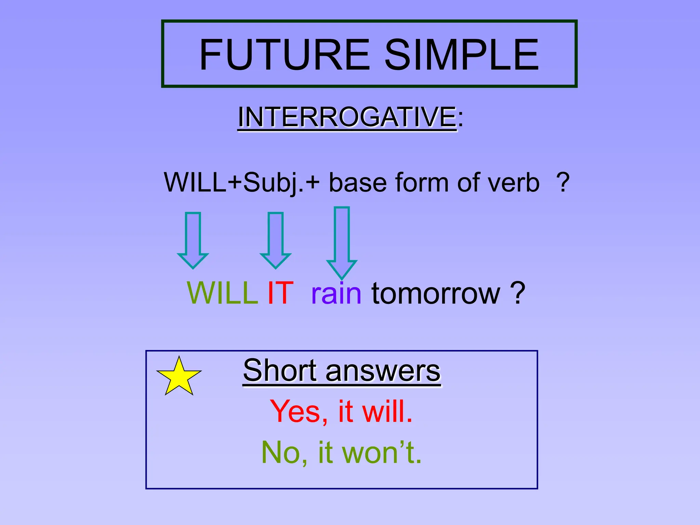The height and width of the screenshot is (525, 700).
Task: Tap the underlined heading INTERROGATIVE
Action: [347, 117]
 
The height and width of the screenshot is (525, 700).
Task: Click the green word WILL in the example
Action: [222, 293]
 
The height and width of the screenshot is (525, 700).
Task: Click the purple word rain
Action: [336, 293]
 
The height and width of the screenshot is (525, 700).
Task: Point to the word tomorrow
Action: [436, 293]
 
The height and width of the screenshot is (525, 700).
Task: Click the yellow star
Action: [179, 378]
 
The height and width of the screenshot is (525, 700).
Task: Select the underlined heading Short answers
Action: [342, 371]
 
